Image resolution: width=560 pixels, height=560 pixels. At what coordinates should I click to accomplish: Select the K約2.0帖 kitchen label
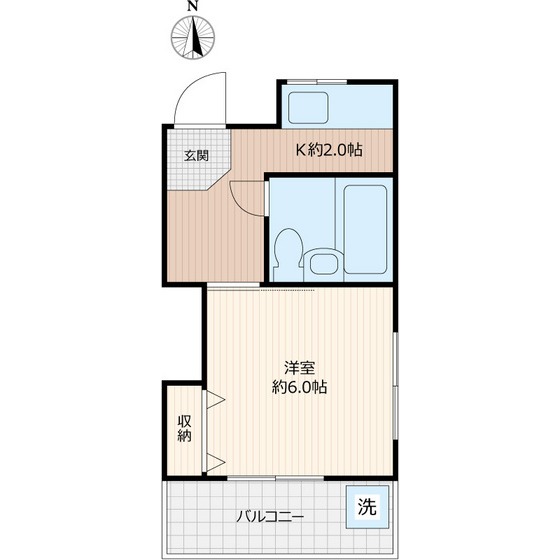click(x=328, y=151)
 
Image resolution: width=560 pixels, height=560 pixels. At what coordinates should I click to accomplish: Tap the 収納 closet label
click(x=184, y=427)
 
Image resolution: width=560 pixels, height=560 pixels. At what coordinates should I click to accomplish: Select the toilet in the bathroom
click(x=288, y=251)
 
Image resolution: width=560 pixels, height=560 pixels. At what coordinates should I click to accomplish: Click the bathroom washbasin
click(x=323, y=263)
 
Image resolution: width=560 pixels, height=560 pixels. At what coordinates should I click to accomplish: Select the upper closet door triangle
click(x=214, y=402)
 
